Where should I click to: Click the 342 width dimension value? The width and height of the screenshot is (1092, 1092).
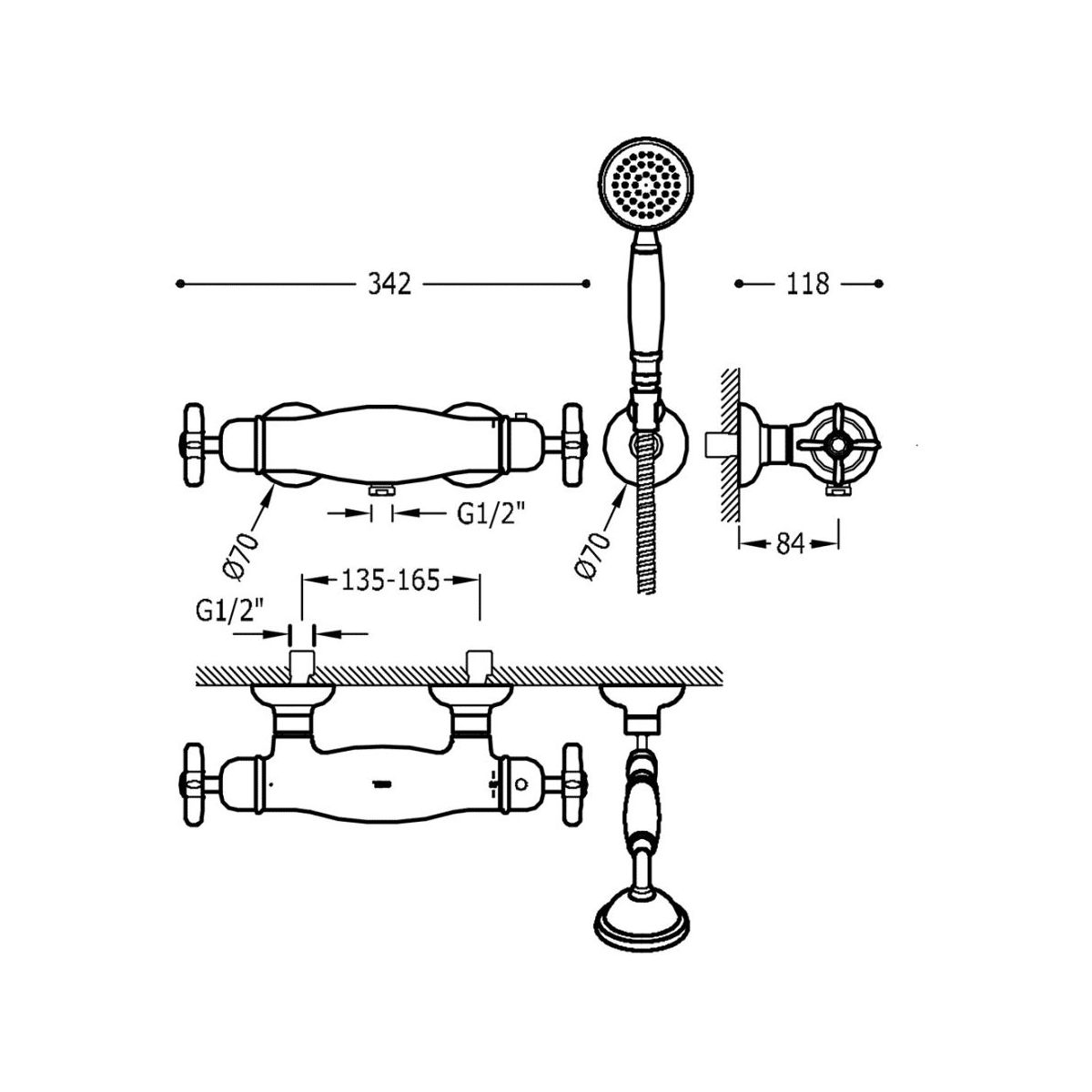click(x=389, y=284)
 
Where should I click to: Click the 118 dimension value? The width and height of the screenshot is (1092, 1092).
click(x=807, y=284)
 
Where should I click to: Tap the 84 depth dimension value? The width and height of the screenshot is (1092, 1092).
click(x=790, y=543)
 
